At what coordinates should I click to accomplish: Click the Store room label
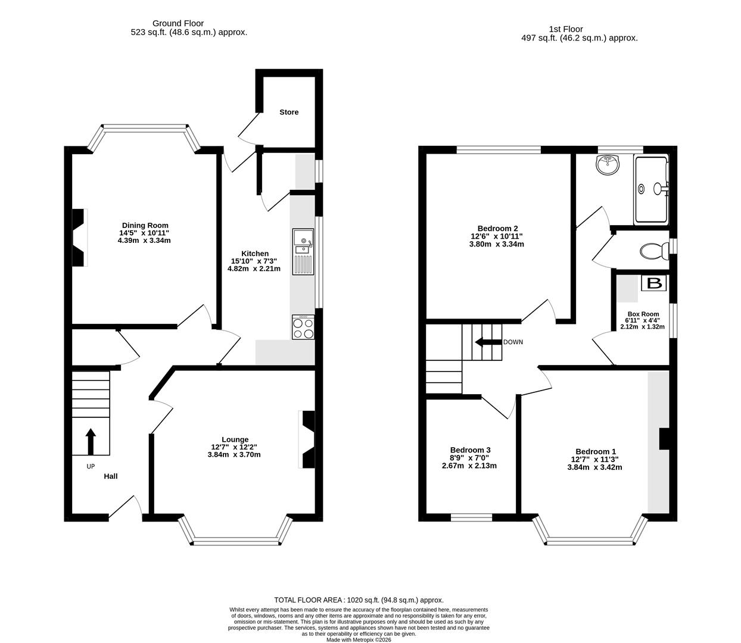pyautogui.click(x=289, y=112)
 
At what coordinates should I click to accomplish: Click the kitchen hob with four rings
pyautogui.click(x=303, y=327)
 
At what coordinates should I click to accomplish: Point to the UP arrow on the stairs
pyautogui.click(x=91, y=441)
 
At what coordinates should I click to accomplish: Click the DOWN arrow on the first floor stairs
pyautogui.click(x=487, y=342)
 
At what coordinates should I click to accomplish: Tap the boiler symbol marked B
pyautogui.click(x=654, y=283)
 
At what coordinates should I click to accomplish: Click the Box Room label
pyautogui.click(x=643, y=314)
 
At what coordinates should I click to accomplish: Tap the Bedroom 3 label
pyautogui.click(x=470, y=450)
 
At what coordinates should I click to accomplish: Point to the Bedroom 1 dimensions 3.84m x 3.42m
pyautogui.click(x=594, y=467)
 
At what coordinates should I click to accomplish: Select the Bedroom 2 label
pyautogui.click(x=497, y=228)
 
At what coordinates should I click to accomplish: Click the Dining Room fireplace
pyautogui.click(x=79, y=238)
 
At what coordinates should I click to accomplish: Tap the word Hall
pyautogui.click(x=111, y=476)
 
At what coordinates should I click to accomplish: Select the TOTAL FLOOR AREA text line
pyautogui.click(x=359, y=600)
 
